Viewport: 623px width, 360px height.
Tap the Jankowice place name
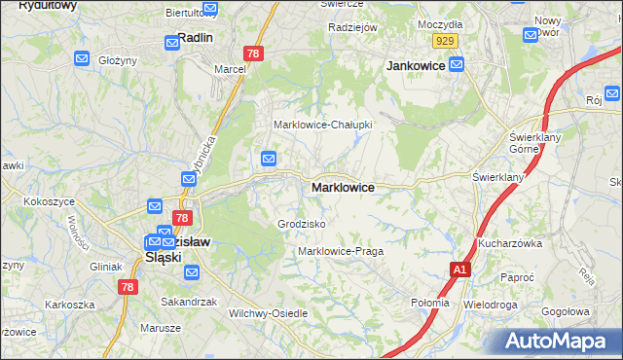pyautogui.click(x=416, y=65)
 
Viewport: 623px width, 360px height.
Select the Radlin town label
pyautogui.click(x=195, y=38)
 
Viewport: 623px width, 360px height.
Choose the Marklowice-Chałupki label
pyautogui.click(x=321, y=125)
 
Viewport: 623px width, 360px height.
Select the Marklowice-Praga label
pyautogui.click(x=340, y=251)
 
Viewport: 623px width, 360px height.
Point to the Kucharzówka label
pyautogui.click(x=509, y=243)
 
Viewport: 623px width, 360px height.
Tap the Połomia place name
pyautogui.click(x=430, y=303)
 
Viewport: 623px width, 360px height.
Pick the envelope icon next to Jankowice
pyautogui.click(x=457, y=64)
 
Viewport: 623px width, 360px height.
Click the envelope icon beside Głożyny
pyautogui.click(x=83, y=59)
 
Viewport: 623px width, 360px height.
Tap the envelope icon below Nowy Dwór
pyautogui.click(x=531, y=35)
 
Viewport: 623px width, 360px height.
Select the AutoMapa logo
pyautogui.click(x=556, y=341)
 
